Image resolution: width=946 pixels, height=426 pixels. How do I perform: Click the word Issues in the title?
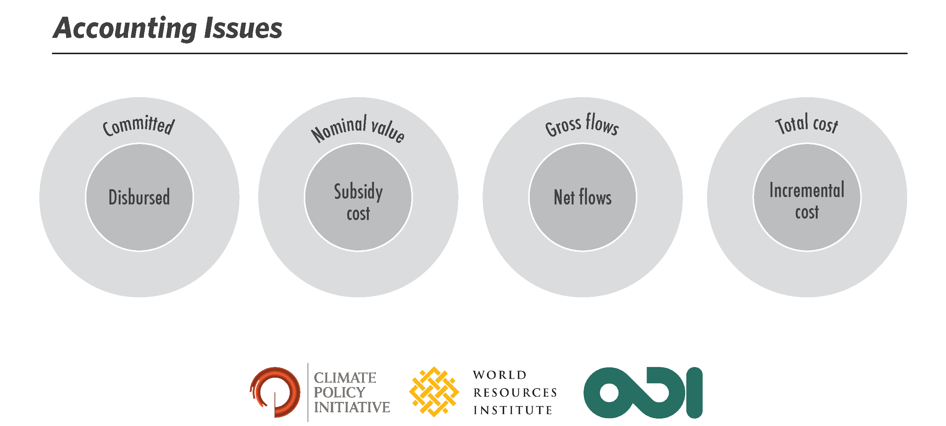(243, 28)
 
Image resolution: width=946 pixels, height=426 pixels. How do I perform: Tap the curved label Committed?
(138, 125)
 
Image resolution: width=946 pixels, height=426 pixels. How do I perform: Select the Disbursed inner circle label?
(139, 197)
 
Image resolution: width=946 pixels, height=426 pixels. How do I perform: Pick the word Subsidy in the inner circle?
(358, 192)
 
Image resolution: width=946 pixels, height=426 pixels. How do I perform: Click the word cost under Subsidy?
(358, 214)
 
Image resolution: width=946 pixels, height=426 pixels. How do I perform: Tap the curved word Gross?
(563, 127)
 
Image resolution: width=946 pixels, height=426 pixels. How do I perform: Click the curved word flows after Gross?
(602, 124)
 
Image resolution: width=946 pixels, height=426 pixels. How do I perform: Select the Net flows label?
(582, 197)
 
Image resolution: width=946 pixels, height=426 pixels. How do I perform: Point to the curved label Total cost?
(807, 124)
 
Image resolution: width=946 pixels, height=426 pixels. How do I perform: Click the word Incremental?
(807, 190)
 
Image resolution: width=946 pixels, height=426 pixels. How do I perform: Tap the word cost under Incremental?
(807, 212)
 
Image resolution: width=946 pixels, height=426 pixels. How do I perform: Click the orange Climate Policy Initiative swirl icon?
(275, 392)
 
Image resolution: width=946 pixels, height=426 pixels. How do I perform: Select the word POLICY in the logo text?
(339, 392)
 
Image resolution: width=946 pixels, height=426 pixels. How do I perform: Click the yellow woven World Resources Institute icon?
(434, 392)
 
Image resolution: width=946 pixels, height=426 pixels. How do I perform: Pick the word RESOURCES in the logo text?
(515, 393)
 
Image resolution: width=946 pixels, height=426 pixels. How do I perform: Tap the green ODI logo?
(643, 393)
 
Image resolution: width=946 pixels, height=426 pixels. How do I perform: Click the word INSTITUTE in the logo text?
(513, 410)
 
